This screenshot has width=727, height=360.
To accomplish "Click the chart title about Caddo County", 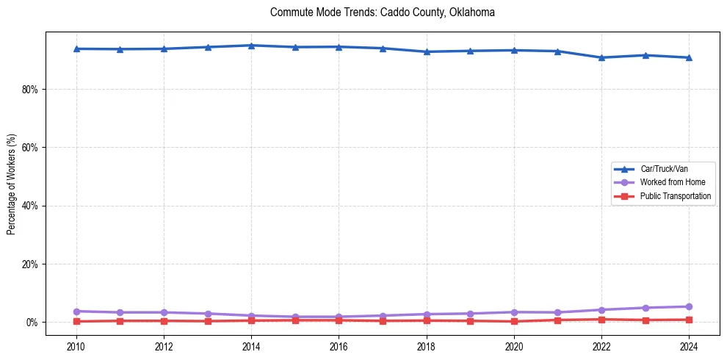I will pos(383,12).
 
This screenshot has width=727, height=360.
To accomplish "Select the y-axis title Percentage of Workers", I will pos(12,184).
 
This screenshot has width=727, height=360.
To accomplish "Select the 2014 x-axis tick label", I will pos(251,345).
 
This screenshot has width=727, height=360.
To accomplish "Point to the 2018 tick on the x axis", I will pos(427,345).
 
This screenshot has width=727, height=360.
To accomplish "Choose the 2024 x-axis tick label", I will pos(689,345).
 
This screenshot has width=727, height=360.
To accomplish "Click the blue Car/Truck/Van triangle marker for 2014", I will pos(251,46).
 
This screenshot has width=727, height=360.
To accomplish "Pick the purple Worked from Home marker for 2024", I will pos(689,306).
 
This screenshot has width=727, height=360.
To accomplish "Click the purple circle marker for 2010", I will pos(76,312).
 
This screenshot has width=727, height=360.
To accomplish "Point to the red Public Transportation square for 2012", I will pos(164,320).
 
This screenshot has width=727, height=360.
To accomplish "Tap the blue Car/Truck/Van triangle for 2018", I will pos(427,51).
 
